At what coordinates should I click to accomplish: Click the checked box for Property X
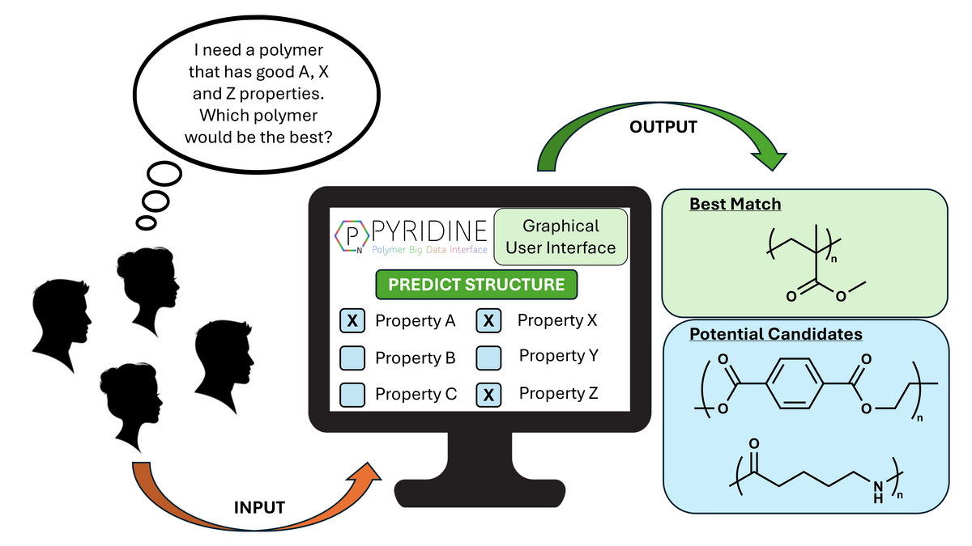488,321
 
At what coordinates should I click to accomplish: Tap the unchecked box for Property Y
488,357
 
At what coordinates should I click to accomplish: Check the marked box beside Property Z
488,395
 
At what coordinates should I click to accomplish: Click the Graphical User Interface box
561,236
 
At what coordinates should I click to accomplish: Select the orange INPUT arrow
243,485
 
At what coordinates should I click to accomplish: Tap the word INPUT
259,508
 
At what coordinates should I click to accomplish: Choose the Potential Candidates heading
775,333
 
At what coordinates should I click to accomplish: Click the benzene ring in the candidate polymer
792,384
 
